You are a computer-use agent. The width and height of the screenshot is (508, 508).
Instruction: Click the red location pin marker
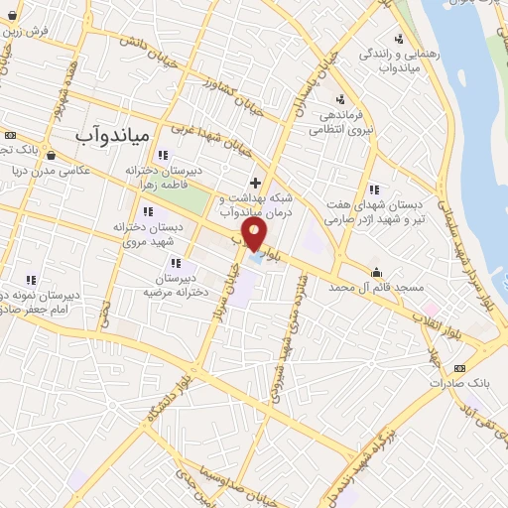click(x=256, y=234)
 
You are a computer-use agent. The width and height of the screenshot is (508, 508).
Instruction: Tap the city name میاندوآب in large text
click(x=117, y=132)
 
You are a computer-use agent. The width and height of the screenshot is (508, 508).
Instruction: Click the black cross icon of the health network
click(x=256, y=183)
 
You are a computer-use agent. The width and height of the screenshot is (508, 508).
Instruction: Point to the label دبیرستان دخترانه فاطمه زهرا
click(x=166, y=177)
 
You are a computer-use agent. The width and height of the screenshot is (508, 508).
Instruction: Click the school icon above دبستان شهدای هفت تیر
click(x=373, y=190)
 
